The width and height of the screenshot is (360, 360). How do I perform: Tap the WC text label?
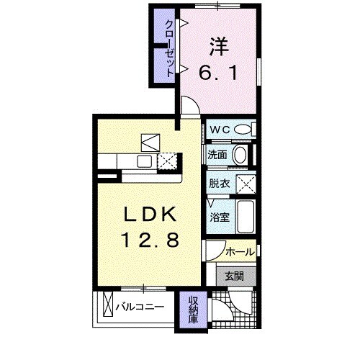[220, 130]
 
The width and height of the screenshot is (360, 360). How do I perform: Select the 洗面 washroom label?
[217, 155]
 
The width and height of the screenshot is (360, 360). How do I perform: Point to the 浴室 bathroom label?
[219, 215]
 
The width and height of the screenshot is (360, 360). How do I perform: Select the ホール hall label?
[239, 252]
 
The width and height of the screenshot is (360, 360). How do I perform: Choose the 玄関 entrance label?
[233, 276]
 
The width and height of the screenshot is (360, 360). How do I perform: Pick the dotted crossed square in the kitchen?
[168, 161]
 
